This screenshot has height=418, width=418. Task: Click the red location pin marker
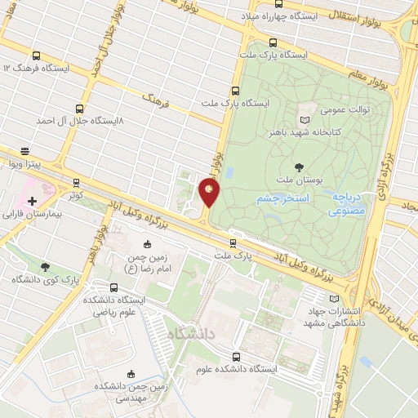pos(209,192)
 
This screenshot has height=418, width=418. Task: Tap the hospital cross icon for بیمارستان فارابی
pos(32,200)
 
